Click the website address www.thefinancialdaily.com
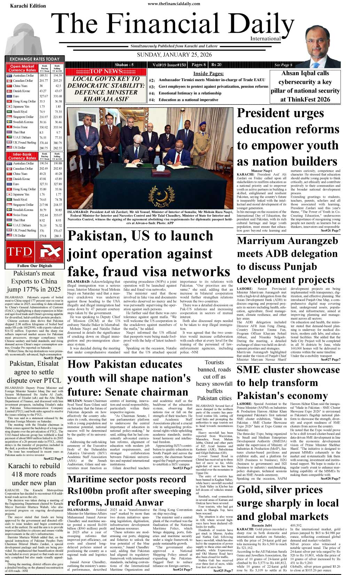pos(174,4)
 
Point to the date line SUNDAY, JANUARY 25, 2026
pos(174,55)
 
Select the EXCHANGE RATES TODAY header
pos(34,59)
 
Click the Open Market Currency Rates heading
pos(22,68)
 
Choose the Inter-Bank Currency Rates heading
pos(22,156)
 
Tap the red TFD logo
pos(19,252)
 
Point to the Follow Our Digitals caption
pos(34,266)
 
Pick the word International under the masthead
pos(265,39)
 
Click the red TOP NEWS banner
pos(105,71)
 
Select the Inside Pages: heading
pos(208,73)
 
